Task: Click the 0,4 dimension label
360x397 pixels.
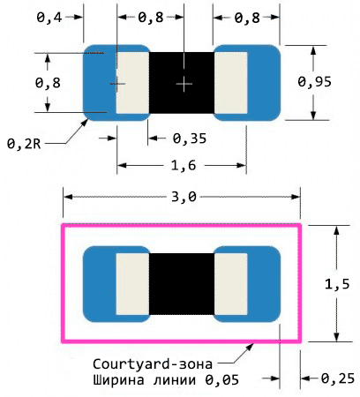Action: coord(49,18)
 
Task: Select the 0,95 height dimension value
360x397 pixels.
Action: coord(314,82)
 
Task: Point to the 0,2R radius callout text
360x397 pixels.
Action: coord(24,144)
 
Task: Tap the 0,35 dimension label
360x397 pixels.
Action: coord(190,139)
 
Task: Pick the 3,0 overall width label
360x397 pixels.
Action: coord(184,197)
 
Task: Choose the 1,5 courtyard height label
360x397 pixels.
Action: coord(337,284)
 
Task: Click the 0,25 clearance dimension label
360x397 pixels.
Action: coord(338,378)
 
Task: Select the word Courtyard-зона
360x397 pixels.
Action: coord(153,364)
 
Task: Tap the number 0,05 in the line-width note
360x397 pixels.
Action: coord(221,380)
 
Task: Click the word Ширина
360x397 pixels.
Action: coord(118,380)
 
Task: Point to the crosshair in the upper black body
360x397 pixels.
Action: coord(184,84)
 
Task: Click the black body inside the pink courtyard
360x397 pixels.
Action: coord(182,284)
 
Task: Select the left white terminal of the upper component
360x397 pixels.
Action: coord(132,83)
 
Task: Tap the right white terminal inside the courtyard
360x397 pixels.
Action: coord(231,284)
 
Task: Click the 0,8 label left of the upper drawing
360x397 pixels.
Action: coord(48,83)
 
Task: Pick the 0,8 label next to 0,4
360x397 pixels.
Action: coord(151,18)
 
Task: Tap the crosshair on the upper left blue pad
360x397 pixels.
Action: coord(117,84)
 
